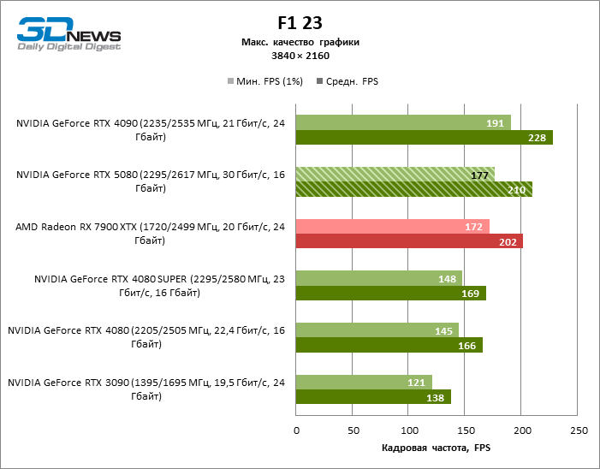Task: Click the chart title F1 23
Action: point(300,23)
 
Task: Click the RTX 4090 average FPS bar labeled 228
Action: point(424,138)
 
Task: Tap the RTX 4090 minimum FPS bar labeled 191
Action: point(402,122)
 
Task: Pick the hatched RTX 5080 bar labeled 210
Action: point(413,189)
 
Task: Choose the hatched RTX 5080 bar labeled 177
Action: point(395,175)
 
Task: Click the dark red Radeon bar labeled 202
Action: point(408,241)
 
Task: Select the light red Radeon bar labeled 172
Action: point(392,227)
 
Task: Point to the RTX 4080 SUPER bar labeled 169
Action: point(390,294)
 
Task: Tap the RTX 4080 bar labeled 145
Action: point(377,330)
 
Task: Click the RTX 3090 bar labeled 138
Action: point(372,397)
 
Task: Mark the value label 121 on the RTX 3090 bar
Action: point(419,383)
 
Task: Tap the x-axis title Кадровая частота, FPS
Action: point(437,448)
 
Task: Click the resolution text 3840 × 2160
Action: point(300,56)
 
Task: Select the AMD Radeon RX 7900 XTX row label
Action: point(150,234)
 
